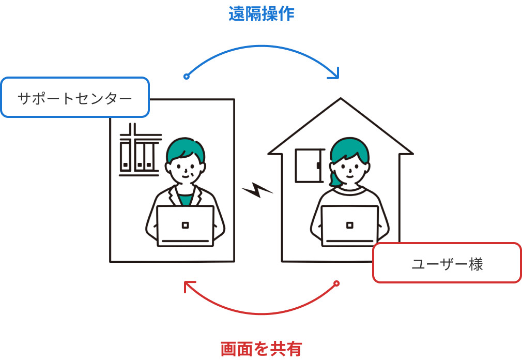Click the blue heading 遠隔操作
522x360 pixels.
[262, 14]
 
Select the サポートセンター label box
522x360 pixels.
[75, 97]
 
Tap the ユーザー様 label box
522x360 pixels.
[447, 263]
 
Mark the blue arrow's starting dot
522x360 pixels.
[187, 77]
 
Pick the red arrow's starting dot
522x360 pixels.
[336, 283]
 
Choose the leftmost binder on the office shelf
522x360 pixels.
[126, 155]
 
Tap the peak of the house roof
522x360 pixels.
[341, 100]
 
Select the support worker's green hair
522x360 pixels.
[185, 147]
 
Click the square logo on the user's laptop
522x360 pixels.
[350, 225]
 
